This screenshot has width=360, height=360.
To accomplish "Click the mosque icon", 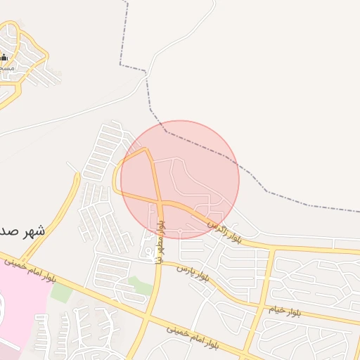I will click(x=4, y=57).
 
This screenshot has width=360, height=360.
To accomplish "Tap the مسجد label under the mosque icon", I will click(x=6, y=68).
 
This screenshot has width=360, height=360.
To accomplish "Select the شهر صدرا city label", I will click(x=21, y=231).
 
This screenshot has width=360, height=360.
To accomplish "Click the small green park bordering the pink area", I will click(x=61, y=292).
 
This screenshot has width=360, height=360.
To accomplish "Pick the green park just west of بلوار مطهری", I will click(x=139, y=285).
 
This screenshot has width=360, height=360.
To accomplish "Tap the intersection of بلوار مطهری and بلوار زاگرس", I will click(x=161, y=204).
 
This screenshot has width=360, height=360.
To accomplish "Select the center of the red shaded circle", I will click(x=180, y=179).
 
